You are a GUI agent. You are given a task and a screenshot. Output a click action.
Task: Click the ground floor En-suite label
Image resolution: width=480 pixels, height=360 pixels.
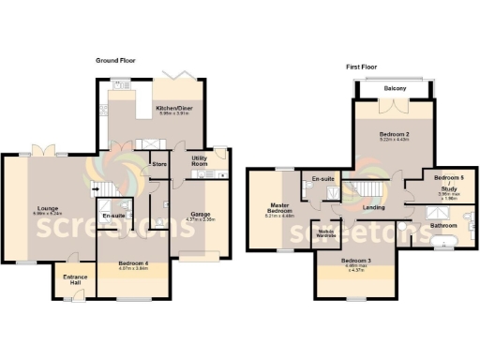tap(113, 217)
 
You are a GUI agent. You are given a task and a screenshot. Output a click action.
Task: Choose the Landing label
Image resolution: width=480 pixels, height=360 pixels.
tap(373, 208)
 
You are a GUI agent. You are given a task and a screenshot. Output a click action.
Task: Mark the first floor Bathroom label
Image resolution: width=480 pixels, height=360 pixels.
tap(442, 225)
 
